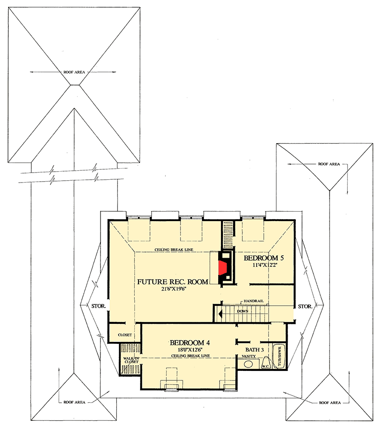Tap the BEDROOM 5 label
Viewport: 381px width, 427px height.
[x=264, y=258]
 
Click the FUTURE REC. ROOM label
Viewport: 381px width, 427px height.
[x=172, y=282]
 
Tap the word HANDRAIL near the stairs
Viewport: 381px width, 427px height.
[x=253, y=301]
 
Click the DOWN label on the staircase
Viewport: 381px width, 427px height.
[x=256, y=311]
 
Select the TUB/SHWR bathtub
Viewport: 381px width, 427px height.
[x=280, y=356]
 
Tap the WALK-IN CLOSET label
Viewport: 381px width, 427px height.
[x=131, y=359]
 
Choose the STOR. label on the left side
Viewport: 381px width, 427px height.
[x=98, y=307]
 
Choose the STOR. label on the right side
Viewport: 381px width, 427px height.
[x=305, y=307]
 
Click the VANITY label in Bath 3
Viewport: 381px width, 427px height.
[x=249, y=356]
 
